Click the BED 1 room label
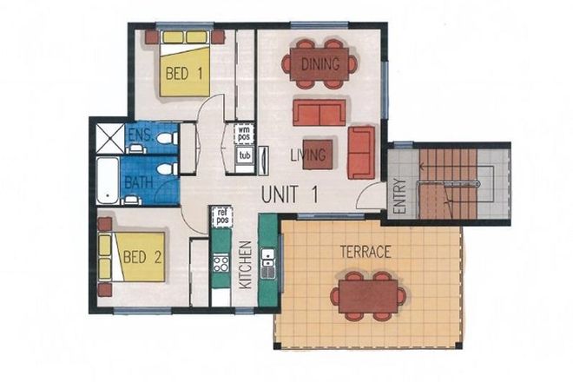[185, 75]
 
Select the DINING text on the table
[319, 63]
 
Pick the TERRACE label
[365, 253]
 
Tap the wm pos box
[245, 134]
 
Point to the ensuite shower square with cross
[110, 138]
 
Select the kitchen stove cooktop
[221, 262]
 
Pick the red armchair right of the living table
[361, 151]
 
